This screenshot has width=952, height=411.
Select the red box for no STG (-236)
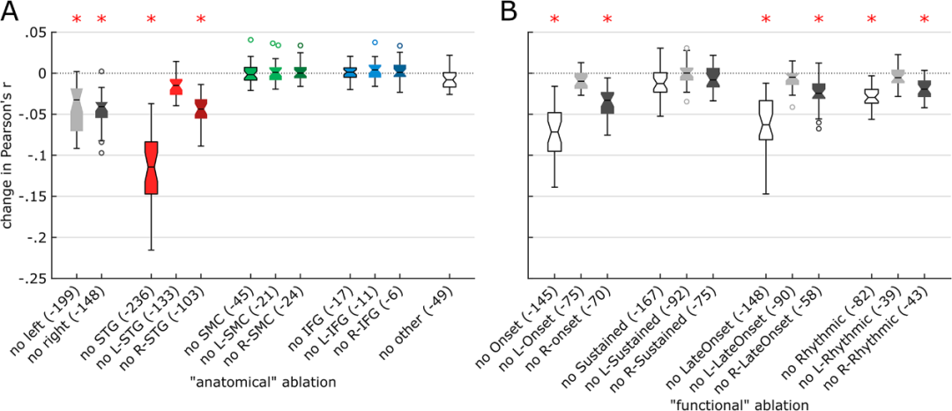(x=152, y=168)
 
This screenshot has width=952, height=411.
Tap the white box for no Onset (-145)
(x=554, y=131)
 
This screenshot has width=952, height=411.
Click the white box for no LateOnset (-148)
(x=766, y=120)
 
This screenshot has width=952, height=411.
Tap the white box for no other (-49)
(x=450, y=80)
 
